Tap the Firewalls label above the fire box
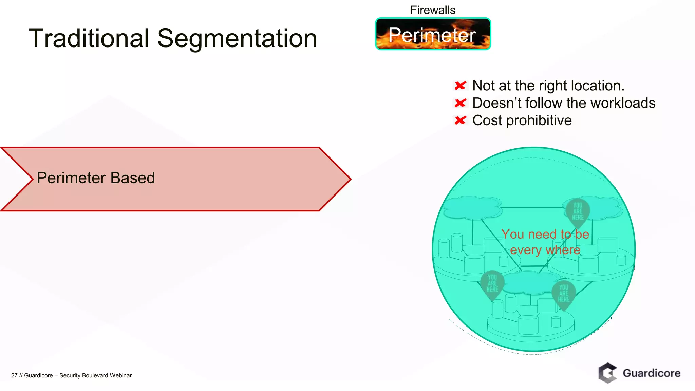point(433,10)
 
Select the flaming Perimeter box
point(433,34)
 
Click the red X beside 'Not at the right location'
point(460,86)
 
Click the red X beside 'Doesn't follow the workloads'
point(460,103)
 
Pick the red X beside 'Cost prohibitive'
point(460,120)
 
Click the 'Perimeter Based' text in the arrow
point(96,178)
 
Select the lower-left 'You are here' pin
point(492,283)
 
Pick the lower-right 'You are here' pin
point(563,294)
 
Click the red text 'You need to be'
point(545,234)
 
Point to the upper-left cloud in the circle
point(472,207)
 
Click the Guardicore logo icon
point(607,373)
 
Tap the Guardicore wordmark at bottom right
point(652,373)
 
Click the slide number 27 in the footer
point(14,375)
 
